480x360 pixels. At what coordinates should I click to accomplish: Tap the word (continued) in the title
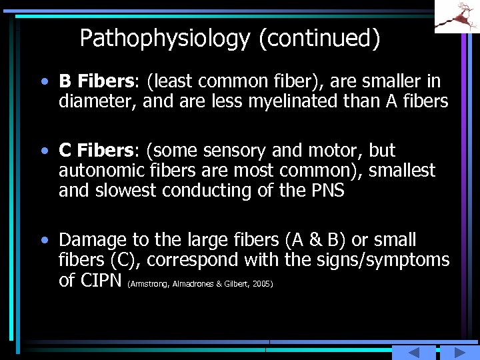319,39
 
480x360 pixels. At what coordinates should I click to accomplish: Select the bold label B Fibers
96,82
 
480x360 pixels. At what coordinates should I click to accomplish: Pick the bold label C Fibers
96,151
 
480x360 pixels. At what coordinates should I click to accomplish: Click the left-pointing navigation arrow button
413,353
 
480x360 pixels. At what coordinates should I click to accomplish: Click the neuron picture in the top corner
457,16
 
